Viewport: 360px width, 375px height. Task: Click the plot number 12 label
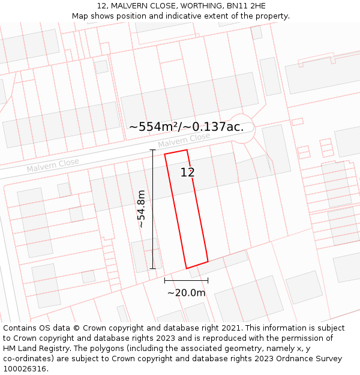[187, 173]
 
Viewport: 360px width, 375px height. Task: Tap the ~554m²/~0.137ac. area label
[186, 127]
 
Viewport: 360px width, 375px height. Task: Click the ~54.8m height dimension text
[141, 209]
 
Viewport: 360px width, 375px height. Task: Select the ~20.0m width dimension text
[186, 293]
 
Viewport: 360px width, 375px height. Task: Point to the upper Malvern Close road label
[184, 140]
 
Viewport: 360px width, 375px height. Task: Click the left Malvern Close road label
[53, 165]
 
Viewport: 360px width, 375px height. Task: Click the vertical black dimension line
[152, 209]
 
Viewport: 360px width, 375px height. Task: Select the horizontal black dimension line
[186, 280]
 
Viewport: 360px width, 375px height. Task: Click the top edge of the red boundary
[176, 152]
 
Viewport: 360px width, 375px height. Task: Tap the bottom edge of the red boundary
[197, 265]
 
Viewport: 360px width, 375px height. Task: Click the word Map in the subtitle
[80, 16]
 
